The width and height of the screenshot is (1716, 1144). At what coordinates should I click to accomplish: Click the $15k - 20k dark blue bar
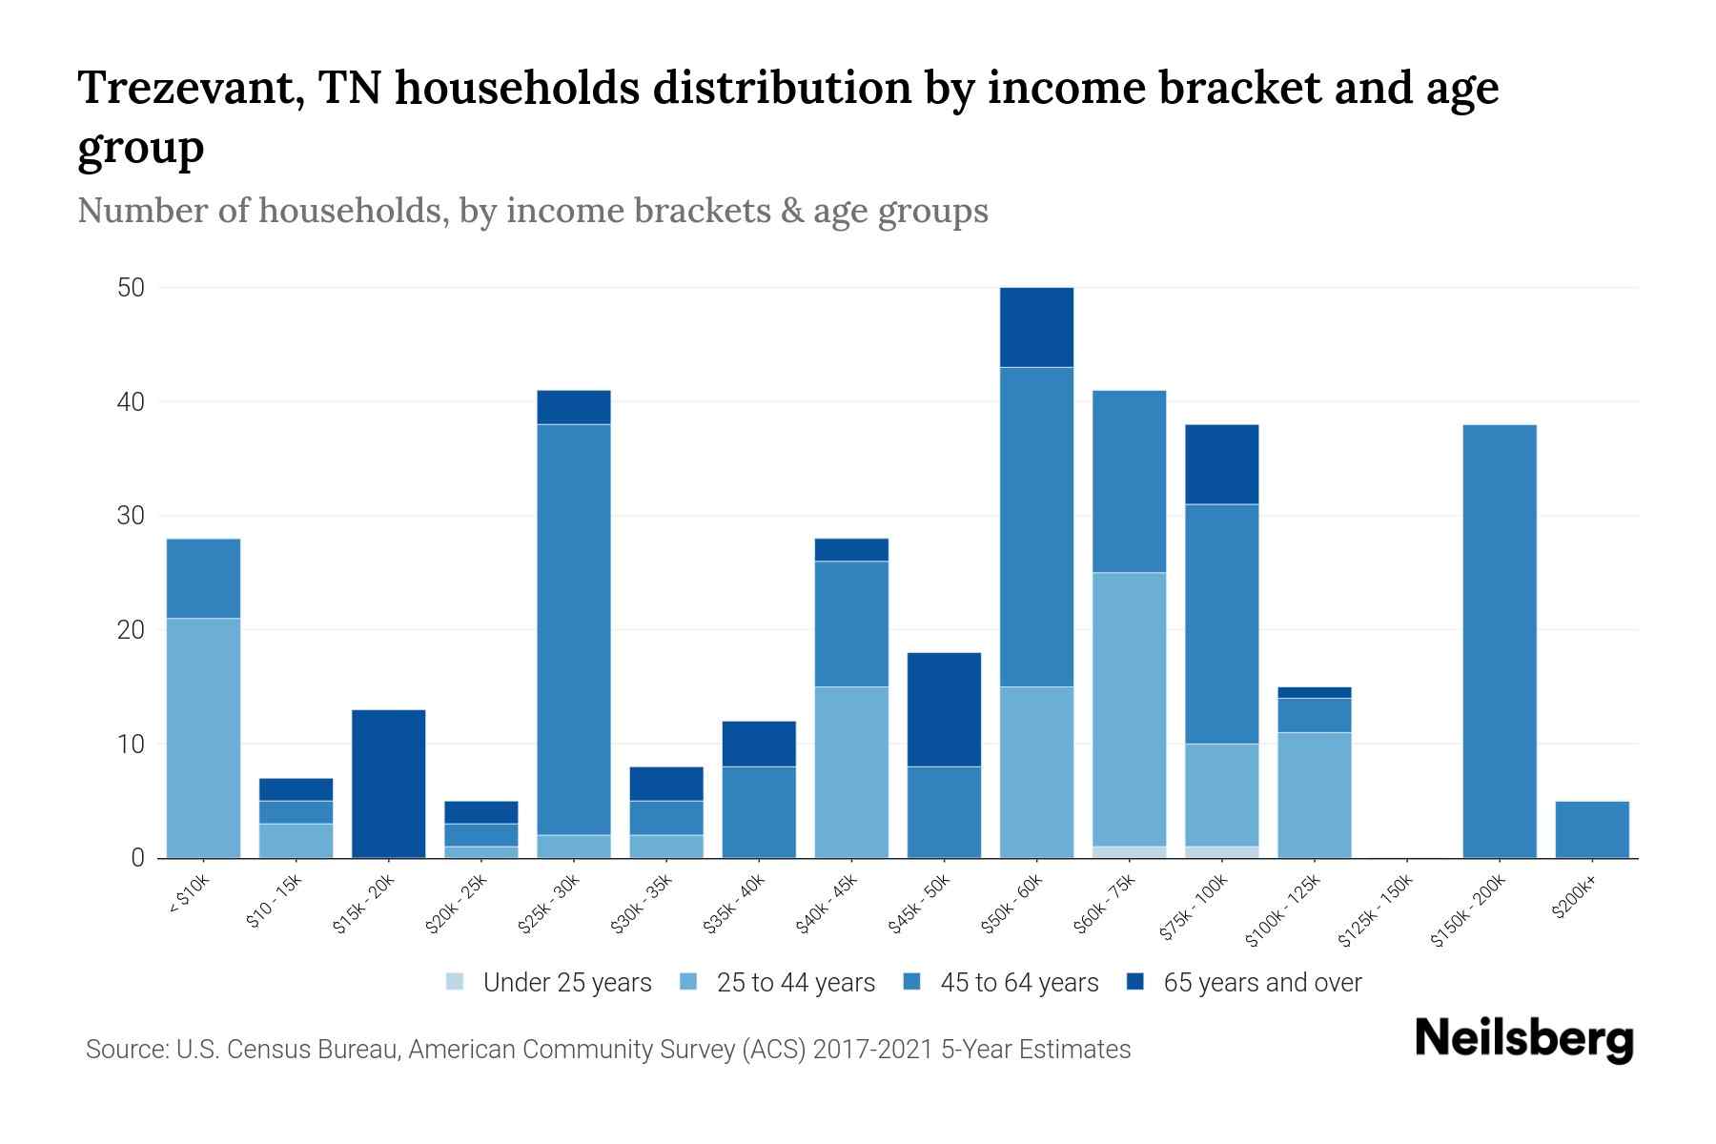click(x=388, y=784)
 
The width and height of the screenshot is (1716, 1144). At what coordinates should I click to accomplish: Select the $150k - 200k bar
click(x=1499, y=641)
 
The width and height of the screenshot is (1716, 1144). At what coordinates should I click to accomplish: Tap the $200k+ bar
click(x=1591, y=829)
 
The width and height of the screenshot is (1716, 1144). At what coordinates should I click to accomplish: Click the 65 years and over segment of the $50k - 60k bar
click(x=1036, y=327)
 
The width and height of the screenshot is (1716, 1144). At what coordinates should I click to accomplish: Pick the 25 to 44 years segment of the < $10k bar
click(x=203, y=738)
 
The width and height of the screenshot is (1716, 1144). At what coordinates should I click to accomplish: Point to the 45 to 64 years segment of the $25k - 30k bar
click(x=573, y=629)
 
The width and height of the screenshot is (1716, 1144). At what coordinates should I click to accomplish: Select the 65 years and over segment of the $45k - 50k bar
click(x=944, y=709)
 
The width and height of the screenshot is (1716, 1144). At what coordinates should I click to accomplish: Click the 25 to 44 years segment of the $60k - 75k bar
click(x=1129, y=709)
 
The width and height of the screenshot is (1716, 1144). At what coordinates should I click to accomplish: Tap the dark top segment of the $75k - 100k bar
click(x=1221, y=464)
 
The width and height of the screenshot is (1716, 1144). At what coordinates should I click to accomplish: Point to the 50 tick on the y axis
click(x=131, y=288)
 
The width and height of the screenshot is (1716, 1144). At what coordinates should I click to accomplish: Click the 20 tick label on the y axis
click(x=131, y=630)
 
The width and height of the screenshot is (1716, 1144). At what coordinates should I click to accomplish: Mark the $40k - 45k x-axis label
click(x=827, y=906)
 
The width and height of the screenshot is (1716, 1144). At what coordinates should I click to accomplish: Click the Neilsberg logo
click(x=1523, y=1039)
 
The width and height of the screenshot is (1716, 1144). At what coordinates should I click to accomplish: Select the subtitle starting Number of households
click(x=532, y=211)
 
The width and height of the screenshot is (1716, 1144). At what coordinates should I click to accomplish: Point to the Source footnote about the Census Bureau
click(x=607, y=1050)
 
